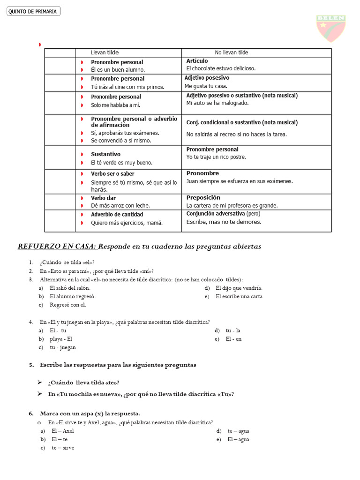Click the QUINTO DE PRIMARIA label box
pyautogui.click(x=33, y=11)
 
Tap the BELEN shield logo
pyautogui.click(x=331, y=28)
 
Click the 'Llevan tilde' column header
pyautogui.click(x=105, y=52)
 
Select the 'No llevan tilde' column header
pyautogui.click(x=232, y=52)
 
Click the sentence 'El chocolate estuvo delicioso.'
pyautogui.click(x=221, y=68)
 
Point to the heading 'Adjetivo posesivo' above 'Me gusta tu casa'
pyautogui.click(x=207, y=78)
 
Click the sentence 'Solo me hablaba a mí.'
pyautogui.click(x=115, y=105)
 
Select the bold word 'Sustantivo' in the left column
pyautogui.click(x=105, y=154)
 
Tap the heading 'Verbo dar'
pyautogui.click(x=103, y=198)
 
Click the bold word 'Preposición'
pyautogui.click(x=203, y=198)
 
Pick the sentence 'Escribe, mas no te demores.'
pyautogui.click(x=224, y=222)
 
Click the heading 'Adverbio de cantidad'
pyautogui.click(x=117, y=215)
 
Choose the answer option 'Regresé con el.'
pyautogui.click(x=68, y=305)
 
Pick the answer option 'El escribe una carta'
pyautogui.click(x=239, y=297)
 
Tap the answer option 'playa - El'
pyautogui.click(x=61, y=339)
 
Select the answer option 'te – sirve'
pyautogui.click(x=63, y=448)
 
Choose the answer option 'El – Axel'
pyautogui.click(x=63, y=431)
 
